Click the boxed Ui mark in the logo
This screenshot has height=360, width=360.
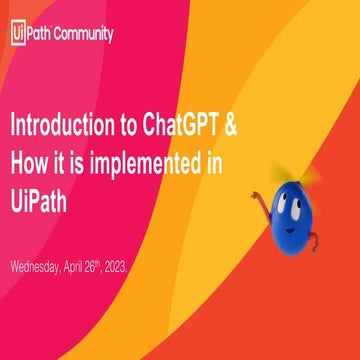(16, 33)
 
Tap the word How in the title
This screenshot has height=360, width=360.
(30, 163)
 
